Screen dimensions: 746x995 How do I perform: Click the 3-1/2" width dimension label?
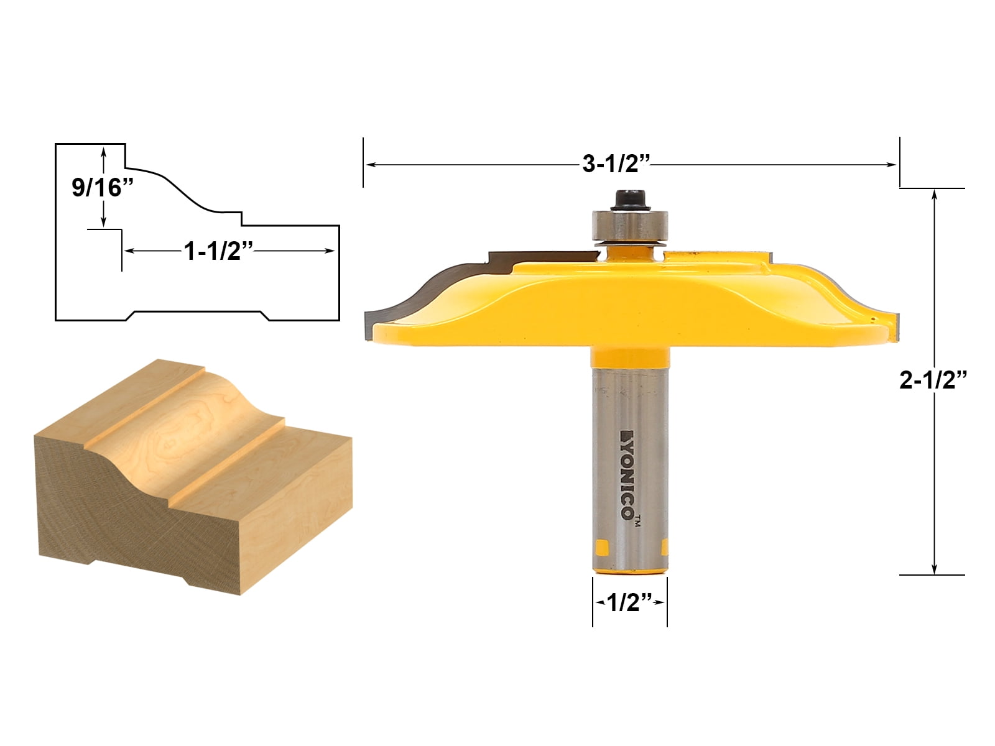click(616, 164)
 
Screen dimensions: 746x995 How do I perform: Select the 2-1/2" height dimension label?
click(933, 380)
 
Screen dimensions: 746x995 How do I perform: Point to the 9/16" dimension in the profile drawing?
click(103, 187)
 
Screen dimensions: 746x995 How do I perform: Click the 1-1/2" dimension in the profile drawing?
click(218, 251)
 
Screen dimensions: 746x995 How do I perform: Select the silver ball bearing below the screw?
click(629, 224)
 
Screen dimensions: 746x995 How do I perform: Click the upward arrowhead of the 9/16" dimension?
click(104, 150)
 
